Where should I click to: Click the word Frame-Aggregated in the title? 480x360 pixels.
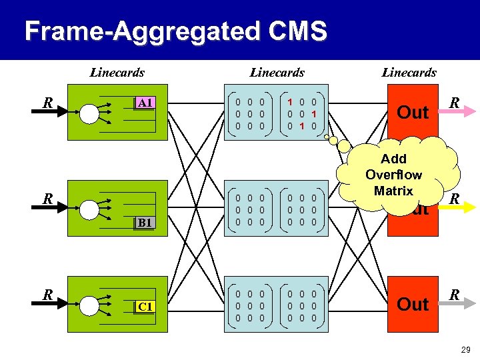point(135,31)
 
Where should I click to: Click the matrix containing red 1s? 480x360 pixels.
point(301,113)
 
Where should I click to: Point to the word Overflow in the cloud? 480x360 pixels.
point(393,175)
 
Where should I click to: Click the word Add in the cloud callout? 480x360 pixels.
point(393,159)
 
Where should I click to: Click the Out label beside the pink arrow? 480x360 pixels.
point(413,113)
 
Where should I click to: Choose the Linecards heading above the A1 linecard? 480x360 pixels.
point(117,73)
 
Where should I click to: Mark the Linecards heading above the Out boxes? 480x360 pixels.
point(409,73)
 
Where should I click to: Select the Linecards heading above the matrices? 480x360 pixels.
point(277,73)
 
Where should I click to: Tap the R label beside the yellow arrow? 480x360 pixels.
point(453,199)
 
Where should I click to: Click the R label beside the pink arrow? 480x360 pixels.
point(453,103)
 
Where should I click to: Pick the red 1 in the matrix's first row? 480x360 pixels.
point(290,101)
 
